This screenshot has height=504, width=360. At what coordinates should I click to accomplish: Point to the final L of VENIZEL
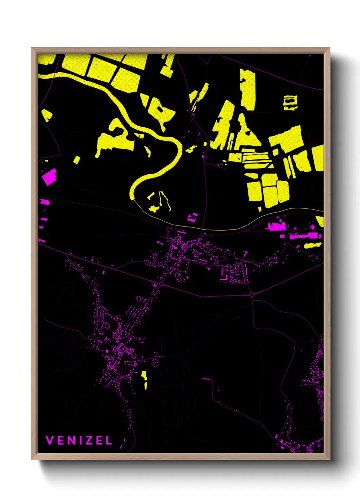(109, 440)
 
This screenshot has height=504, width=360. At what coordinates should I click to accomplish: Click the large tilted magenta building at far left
(49, 177)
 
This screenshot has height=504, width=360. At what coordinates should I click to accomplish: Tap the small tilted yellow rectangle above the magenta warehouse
(77, 160)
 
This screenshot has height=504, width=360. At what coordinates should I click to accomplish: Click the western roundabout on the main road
(161, 283)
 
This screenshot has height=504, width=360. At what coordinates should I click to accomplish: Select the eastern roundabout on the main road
(252, 294)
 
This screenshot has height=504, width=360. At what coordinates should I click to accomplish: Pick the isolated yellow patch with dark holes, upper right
(290, 103)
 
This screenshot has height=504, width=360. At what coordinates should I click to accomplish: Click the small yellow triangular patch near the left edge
(46, 115)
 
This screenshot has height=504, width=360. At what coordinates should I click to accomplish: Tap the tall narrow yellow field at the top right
(248, 89)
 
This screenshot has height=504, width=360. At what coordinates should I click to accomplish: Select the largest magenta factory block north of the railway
(276, 226)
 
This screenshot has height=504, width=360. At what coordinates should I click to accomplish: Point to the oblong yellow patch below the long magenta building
(312, 245)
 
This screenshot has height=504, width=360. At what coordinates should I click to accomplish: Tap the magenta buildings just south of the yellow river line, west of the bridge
(193, 217)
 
